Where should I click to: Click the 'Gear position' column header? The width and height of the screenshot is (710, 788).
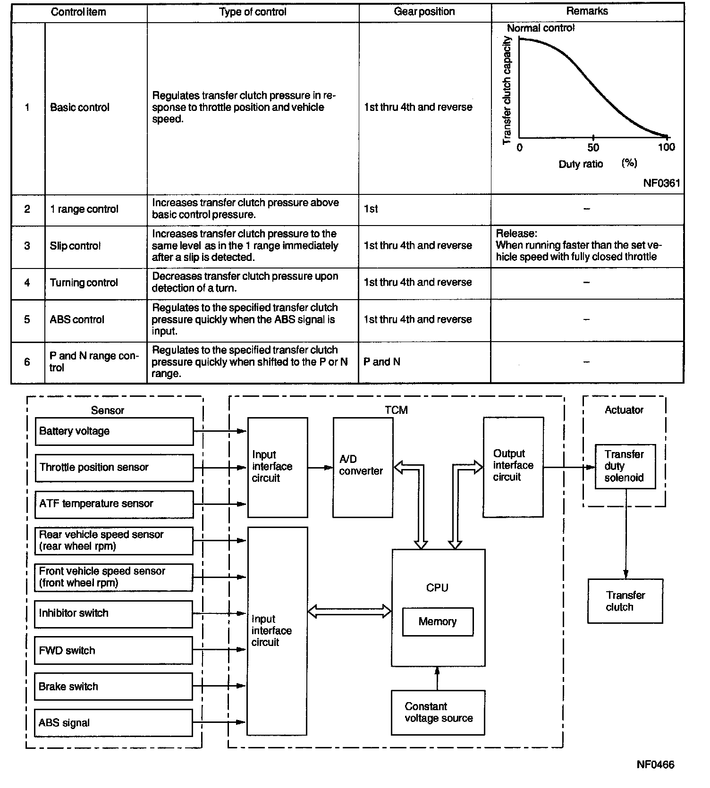click(424, 12)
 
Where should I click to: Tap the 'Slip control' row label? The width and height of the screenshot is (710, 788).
click(75, 246)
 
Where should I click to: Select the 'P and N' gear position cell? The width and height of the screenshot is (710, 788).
click(382, 362)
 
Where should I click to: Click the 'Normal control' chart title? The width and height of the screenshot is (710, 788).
click(541, 28)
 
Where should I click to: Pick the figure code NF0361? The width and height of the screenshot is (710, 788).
click(661, 183)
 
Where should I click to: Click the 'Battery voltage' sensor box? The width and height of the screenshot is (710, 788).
click(114, 431)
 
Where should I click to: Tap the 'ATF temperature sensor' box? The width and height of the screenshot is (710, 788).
click(114, 504)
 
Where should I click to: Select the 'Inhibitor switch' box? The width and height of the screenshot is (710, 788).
click(114, 613)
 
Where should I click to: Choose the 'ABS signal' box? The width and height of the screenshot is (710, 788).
click(113, 723)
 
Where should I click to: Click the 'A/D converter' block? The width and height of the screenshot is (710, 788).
click(363, 467)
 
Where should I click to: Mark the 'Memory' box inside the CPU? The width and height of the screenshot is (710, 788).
click(438, 621)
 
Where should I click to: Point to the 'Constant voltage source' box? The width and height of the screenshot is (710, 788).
click(438, 713)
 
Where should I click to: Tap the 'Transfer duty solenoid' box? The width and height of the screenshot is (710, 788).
click(625, 466)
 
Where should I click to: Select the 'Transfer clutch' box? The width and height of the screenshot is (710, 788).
click(625, 601)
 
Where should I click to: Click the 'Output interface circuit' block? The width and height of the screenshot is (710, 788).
click(513, 466)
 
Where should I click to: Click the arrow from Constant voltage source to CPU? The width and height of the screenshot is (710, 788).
click(437, 679)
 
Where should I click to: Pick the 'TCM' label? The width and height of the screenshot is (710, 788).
click(396, 410)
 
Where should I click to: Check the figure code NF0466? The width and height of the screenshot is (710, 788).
click(655, 765)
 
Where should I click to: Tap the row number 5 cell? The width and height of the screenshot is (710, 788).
click(27, 320)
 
